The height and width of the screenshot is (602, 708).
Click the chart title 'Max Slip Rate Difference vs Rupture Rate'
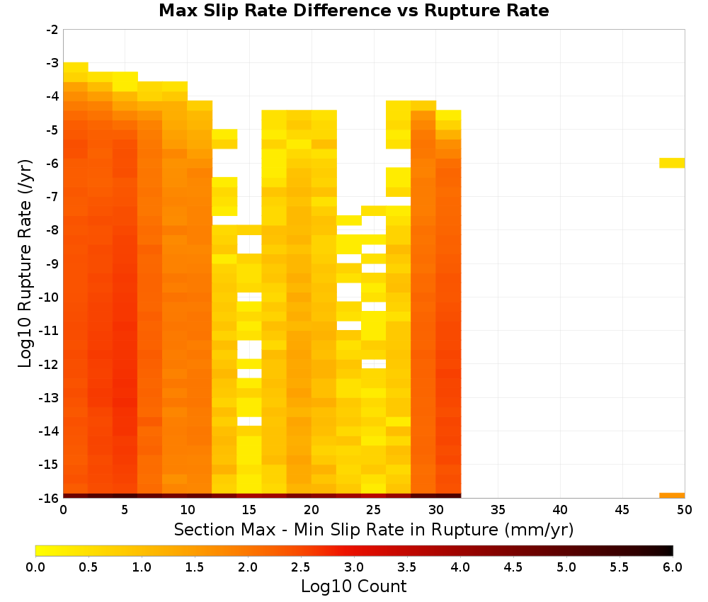[x=353, y=10]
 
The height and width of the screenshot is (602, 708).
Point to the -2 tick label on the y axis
[x=52, y=30]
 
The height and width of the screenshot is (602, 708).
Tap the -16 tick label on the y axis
[x=49, y=498]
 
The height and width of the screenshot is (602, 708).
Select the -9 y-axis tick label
[x=52, y=263]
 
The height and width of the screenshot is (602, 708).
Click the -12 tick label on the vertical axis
[x=49, y=364]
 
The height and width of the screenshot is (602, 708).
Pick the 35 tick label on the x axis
[x=498, y=510]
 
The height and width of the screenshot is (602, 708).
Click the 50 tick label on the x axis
[x=684, y=510]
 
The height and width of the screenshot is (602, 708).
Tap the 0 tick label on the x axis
[x=63, y=510]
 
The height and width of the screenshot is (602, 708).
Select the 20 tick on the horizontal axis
[x=312, y=510]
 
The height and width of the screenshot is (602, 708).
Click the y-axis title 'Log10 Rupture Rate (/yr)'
[x=25, y=263]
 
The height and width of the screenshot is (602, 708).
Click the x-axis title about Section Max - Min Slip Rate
[x=374, y=529]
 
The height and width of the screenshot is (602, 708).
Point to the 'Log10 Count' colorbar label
[x=353, y=586]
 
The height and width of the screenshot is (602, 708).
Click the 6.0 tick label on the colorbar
[x=673, y=567]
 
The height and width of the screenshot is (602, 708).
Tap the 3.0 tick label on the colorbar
[x=354, y=567]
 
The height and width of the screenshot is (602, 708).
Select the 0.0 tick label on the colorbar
[x=35, y=567]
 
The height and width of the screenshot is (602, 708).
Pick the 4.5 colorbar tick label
[x=513, y=567]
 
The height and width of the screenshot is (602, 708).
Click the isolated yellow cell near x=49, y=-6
[x=672, y=163]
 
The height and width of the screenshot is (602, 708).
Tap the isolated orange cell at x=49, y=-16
[x=672, y=496]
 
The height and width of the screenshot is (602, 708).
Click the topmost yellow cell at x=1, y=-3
[x=76, y=67]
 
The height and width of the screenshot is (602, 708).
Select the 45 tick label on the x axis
[x=622, y=510]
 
